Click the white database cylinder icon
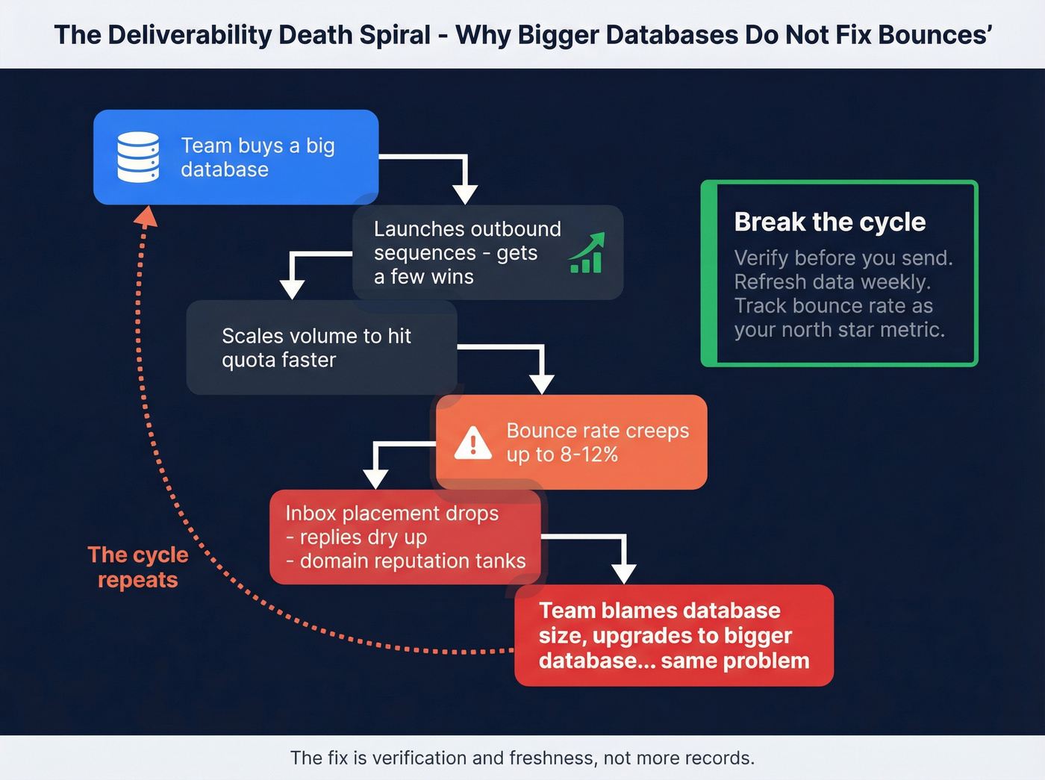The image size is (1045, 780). [x=138, y=157]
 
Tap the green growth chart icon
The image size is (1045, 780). [x=587, y=253]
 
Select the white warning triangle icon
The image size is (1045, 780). [x=472, y=443]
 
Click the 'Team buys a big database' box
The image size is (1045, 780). [x=236, y=157]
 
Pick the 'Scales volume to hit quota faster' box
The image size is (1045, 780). [x=322, y=347]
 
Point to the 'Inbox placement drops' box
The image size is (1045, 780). [x=405, y=537]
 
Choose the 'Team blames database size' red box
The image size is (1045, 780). [x=674, y=635]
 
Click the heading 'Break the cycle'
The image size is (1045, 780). [x=830, y=222]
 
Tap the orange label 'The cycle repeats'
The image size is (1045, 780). [x=138, y=567]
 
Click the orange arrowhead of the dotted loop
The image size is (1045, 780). [x=146, y=216]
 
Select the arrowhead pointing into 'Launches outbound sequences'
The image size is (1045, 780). [x=465, y=195]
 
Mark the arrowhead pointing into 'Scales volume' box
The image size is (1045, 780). [x=292, y=290]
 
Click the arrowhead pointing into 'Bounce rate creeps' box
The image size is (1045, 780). [x=542, y=384]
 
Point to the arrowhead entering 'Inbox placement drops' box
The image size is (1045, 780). [x=375, y=479]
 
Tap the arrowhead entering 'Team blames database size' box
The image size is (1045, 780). [x=624, y=575]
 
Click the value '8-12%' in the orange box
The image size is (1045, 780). [x=589, y=455]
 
